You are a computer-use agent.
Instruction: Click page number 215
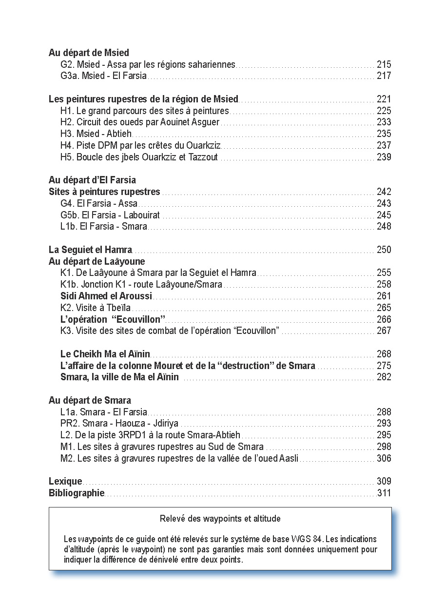click(384, 64)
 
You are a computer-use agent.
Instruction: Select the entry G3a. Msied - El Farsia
click(103, 76)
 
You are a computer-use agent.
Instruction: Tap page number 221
click(384, 99)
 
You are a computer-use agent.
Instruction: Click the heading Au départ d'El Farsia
click(92, 180)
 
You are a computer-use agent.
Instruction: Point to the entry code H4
click(67, 145)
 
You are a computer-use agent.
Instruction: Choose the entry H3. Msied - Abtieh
click(96, 134)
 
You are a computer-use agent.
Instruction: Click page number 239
click(384, 157)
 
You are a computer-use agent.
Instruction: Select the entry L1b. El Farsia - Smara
click(103, 226)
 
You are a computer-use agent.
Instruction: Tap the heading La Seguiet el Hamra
click(90, 250)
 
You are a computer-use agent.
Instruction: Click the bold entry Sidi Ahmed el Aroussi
click(106, 296)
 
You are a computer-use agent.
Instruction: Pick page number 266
click(384, 319)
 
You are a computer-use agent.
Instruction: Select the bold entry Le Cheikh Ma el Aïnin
click(105, 354)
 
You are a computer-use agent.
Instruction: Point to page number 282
click(384, 377)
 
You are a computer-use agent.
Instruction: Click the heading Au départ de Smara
click(90, 401)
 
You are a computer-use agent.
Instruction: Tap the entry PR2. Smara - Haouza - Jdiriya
click(120, 424)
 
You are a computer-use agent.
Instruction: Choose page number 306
click(384, 458)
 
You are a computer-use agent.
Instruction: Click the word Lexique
click(65, 482)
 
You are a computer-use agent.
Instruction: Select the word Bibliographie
click(77, 493)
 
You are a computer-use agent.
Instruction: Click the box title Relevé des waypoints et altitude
click(220, 519)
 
